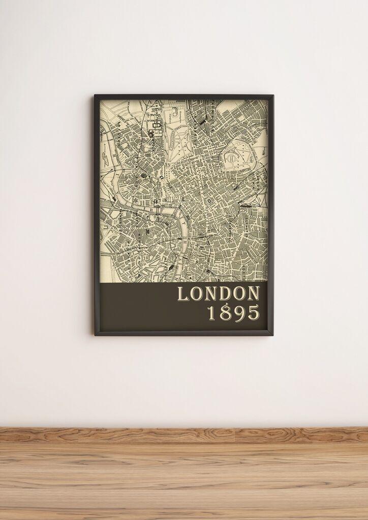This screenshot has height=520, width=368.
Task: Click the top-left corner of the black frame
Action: [95, 95]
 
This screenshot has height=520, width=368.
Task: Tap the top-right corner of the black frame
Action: [272, 96]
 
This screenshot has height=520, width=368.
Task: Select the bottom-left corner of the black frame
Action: [96, 334]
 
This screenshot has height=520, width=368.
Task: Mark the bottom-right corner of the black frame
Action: [272, 335]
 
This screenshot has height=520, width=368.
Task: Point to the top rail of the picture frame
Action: [183, 96]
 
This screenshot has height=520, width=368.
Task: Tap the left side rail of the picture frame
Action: [97, 213]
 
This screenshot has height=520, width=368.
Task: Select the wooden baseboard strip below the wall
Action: [184, 434]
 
